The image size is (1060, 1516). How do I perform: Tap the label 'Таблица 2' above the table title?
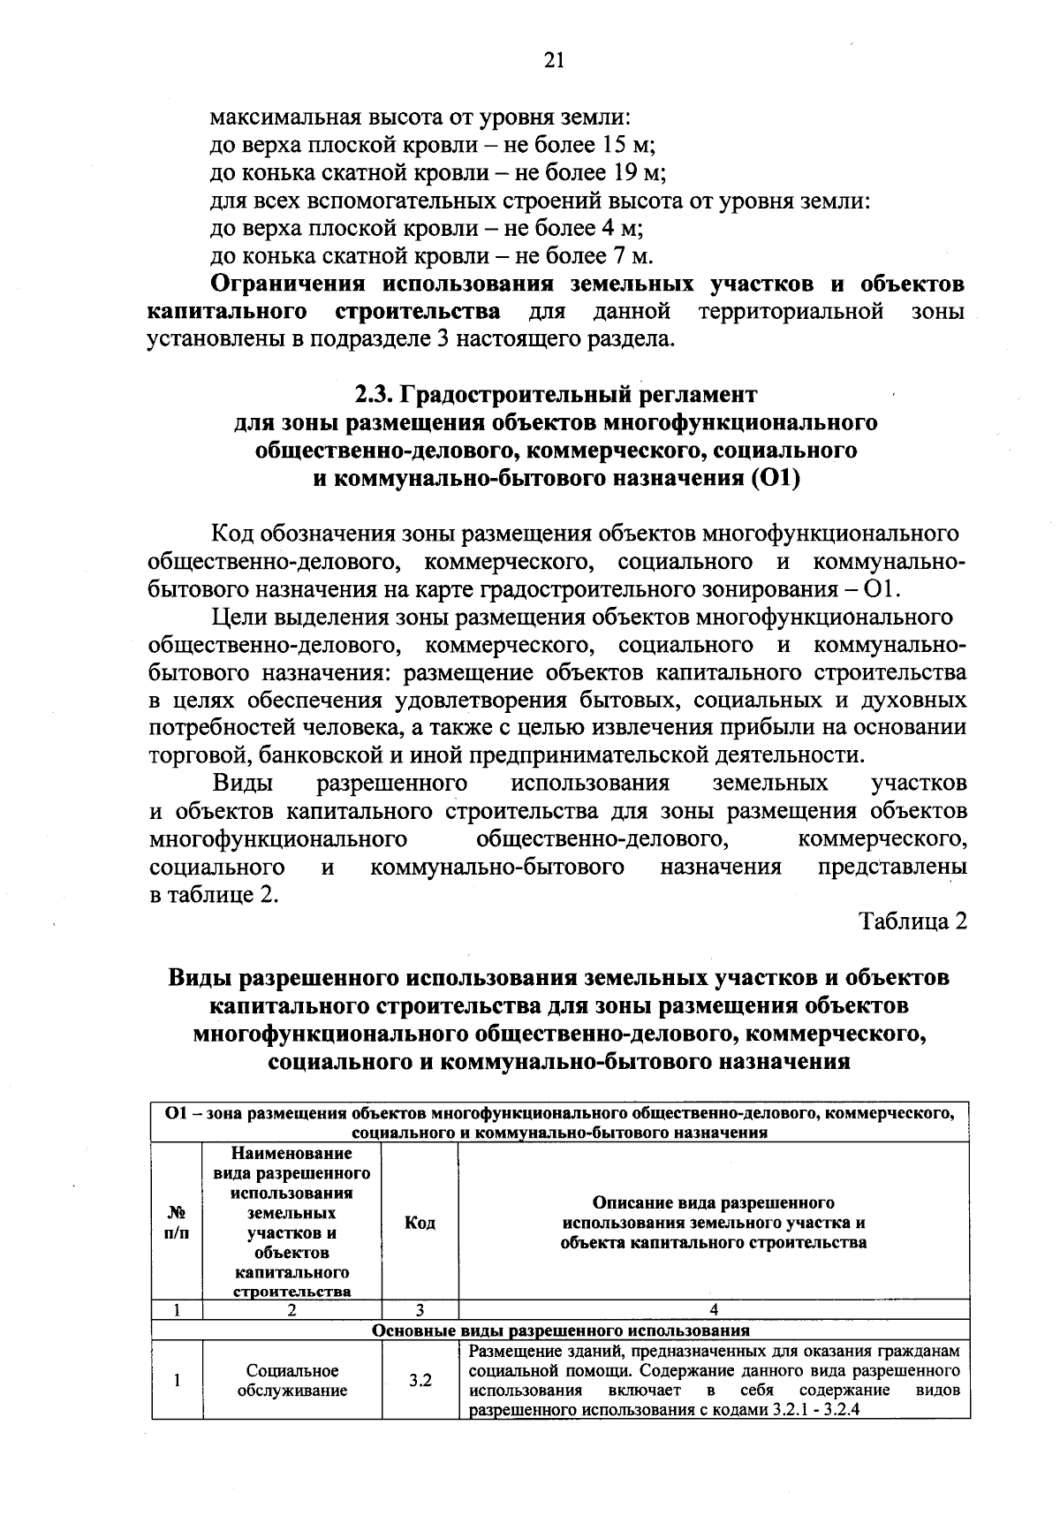tap(913, 921)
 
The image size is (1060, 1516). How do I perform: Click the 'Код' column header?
tap(420, 1224)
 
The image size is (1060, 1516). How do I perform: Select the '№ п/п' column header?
tap(177, 1224)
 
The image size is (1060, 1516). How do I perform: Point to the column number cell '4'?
tap(714, 1310)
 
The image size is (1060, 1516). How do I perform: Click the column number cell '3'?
tap(420, 1310)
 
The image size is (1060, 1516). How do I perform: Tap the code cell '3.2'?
tap(420, 1380)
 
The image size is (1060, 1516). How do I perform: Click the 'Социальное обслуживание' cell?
tap(292, 1380)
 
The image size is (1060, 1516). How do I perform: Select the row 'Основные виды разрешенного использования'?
tap(561, 1330)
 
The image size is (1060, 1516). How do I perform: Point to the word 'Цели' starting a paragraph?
tap(235, 616)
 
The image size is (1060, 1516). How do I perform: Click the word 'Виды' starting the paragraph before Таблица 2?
tap(242, 784)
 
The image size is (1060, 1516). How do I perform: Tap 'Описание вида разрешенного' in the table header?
tap(714, 1203)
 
